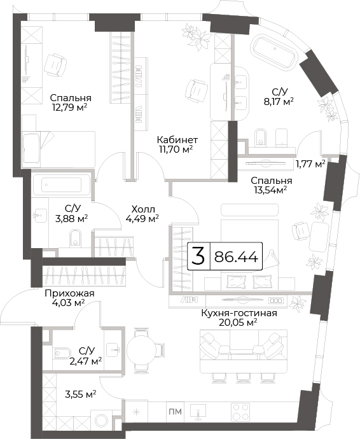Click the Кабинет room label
tap(177, 139)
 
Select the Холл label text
tap(142, 209)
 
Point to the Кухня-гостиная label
tap(239, 313)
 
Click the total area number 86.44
tap(236, 256)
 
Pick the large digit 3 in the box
tap(198, 256)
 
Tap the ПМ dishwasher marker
tap(176, 412)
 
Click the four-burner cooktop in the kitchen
tap(241, 412)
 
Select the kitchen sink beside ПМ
tap(198, 412)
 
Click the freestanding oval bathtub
tap(273, 52)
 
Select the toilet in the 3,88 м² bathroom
tap(74, 238)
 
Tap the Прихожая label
tap(70, 293)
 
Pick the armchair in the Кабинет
tap(197, 90)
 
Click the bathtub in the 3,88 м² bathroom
tap(61, 185)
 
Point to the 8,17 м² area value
tap(279, 101)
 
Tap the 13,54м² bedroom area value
tap(271, 190)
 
